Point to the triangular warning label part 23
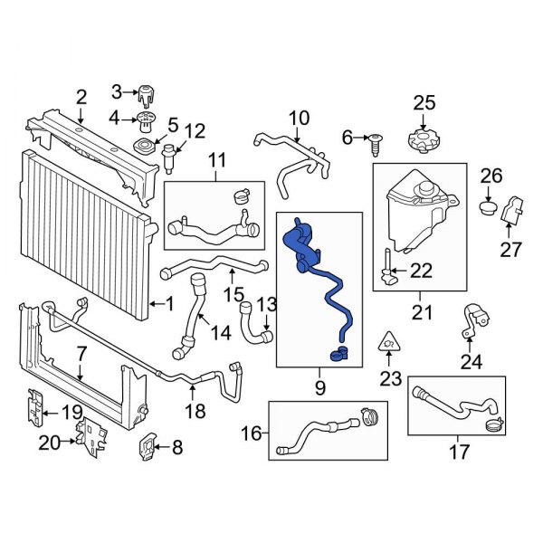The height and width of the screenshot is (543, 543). pyautogui.click(x=389, y=342)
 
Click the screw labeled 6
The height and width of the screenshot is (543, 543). pyautogui.click(x=375, y=139)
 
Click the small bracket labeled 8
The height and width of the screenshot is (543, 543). pyautogui.click(x=149, y=445)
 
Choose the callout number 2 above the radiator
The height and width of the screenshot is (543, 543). pyautogui.click(x=81, y=97)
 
